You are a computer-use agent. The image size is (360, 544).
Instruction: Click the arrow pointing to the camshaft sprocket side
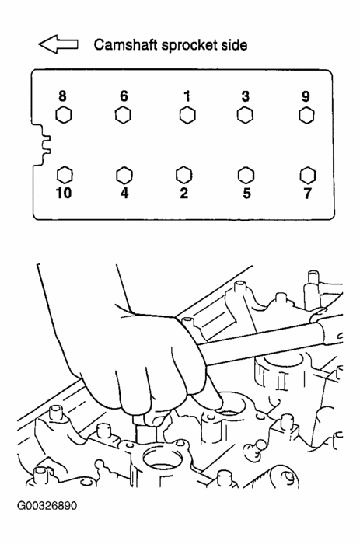pos(58,46)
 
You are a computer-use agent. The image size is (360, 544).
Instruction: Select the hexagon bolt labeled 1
pos(186,116)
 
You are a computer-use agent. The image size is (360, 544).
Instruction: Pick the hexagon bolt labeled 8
pos(64,116)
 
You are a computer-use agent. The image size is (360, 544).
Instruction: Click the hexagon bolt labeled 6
pos(123,116)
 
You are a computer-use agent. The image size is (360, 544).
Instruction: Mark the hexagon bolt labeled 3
pos(245,116)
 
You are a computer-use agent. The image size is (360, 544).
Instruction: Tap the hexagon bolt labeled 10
pos(65,172)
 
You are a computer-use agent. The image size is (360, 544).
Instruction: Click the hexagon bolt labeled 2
pos(184,172)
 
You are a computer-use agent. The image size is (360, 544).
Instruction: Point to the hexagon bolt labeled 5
pos(246,173)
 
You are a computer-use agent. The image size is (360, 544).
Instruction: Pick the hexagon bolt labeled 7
pos(308,173)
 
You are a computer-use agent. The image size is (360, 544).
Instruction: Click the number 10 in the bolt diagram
pos(63,193)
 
